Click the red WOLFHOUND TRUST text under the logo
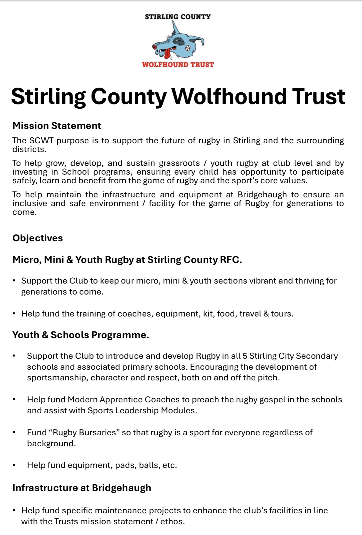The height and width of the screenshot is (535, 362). point(178,64)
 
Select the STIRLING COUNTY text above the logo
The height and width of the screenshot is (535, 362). point(178,17)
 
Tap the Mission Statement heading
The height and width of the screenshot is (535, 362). point(57,126)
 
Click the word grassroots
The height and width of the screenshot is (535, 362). point(179,163)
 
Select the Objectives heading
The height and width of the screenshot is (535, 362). point(37,238)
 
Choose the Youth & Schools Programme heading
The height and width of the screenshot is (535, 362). point(81,335)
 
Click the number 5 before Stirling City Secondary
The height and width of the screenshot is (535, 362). point(245,356)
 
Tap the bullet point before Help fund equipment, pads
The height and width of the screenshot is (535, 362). point(14,465)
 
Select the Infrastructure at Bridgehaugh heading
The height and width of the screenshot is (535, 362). point(82,488)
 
